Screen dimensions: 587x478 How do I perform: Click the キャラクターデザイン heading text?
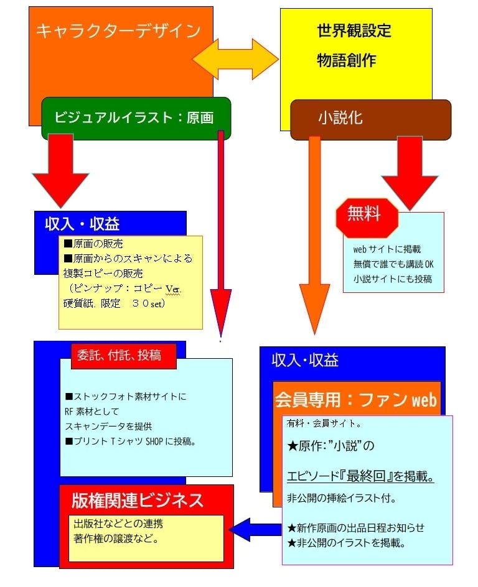(118, 31)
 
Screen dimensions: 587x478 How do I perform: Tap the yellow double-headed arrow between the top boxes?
(235, 60)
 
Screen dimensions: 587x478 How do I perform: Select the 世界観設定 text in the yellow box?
(354, 31)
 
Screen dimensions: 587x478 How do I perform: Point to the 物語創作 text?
(346, 60)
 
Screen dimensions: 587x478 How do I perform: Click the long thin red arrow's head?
(220, 311)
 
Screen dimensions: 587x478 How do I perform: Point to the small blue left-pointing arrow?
(252, 529)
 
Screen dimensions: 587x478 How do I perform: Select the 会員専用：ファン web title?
(356, 399)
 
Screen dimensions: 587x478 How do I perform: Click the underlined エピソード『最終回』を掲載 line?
(360, 478)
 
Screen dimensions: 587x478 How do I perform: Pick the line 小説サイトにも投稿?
(392, 279)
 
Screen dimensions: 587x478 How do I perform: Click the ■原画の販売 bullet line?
(97, 244)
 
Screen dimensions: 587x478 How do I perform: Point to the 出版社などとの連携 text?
(119, 524)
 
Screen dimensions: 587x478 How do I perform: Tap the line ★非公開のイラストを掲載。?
(347, 543)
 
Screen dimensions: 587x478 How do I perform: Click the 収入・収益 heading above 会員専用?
(305, 361)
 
